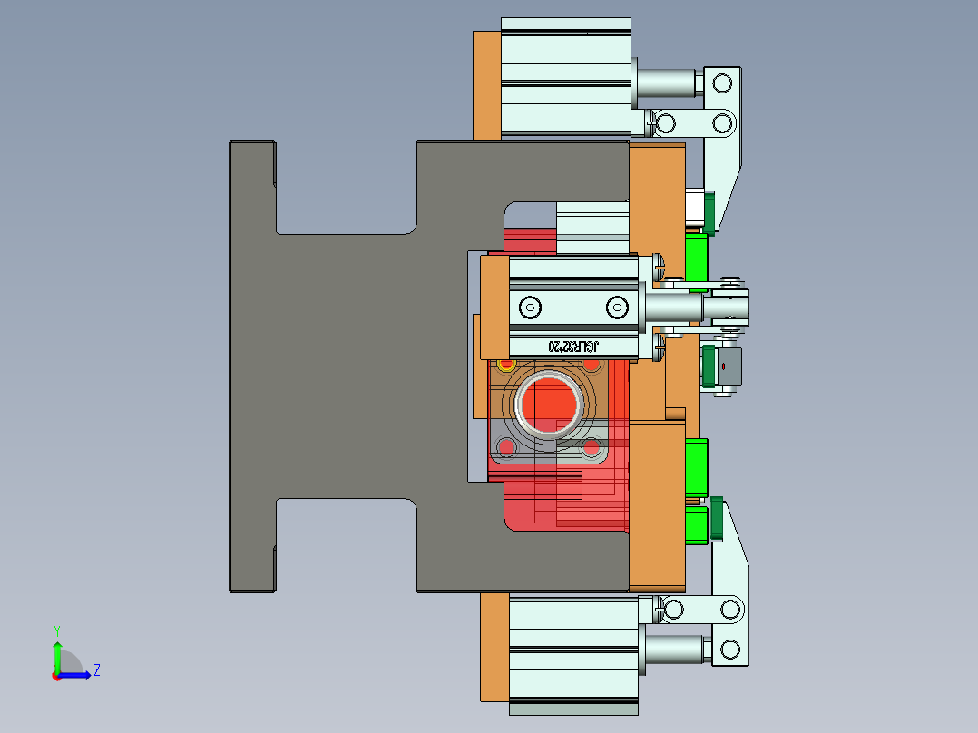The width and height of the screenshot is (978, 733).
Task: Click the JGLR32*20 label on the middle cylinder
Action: pos(574,346)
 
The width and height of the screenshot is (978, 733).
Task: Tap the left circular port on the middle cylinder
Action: pos(530,307)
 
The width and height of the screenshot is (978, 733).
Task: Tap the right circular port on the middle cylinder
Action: pos(617,307)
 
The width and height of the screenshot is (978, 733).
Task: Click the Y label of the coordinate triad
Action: pos(56,630)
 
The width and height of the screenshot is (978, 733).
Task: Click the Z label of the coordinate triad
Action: pos(96,670)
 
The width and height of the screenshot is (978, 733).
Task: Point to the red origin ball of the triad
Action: pos(57,675)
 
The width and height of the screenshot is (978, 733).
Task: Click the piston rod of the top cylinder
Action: pos(667,83)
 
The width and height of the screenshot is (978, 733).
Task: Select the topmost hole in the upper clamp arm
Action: pos(722,84)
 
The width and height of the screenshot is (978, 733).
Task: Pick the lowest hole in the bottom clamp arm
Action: pos(729,649)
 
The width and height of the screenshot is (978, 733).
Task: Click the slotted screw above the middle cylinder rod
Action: pos(659,266)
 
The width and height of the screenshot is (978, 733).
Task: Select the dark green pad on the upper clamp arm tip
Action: pos(709,211)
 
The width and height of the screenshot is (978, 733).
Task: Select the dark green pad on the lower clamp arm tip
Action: pos(718,518)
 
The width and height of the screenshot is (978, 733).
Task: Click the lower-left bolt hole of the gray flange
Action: pos(504,447)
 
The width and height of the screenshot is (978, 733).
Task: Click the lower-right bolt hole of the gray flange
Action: pos(592,447)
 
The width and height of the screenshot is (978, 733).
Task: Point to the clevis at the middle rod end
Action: pos(729,306)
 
